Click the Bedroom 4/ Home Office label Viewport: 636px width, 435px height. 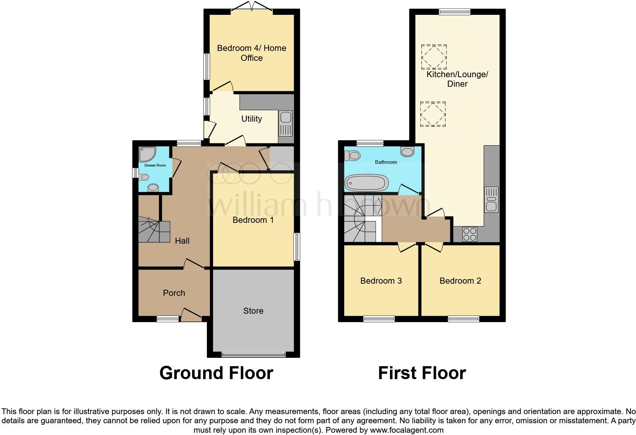251,53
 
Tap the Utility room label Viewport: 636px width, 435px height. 251,119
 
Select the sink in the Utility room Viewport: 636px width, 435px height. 285,123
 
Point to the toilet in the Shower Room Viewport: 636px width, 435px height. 143,177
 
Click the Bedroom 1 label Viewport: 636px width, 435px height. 253,220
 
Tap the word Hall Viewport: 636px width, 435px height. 182,241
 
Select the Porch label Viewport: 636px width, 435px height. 174,293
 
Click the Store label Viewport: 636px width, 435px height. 253,311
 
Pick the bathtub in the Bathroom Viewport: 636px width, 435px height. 366,183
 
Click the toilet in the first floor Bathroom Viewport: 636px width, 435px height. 352,155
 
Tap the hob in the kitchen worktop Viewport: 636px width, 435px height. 469,234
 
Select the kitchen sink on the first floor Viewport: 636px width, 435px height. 491,200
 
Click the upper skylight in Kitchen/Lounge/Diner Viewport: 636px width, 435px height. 434,57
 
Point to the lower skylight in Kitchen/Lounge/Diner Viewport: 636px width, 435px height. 433,114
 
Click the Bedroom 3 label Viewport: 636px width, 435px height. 381,281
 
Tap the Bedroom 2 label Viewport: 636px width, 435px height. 460,281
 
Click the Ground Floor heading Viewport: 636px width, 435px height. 216,373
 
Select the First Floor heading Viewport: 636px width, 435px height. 421,373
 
